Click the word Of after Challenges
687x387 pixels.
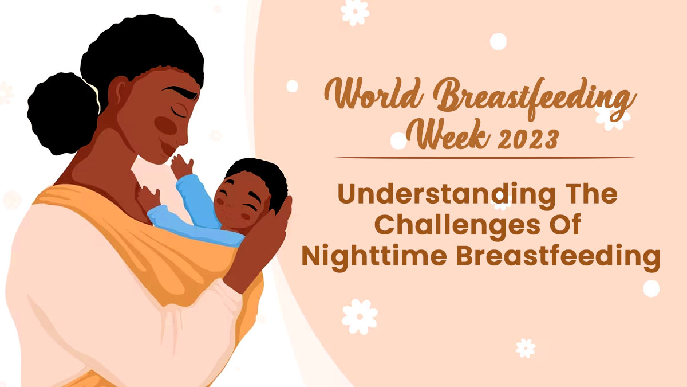[x=561, y=225]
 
